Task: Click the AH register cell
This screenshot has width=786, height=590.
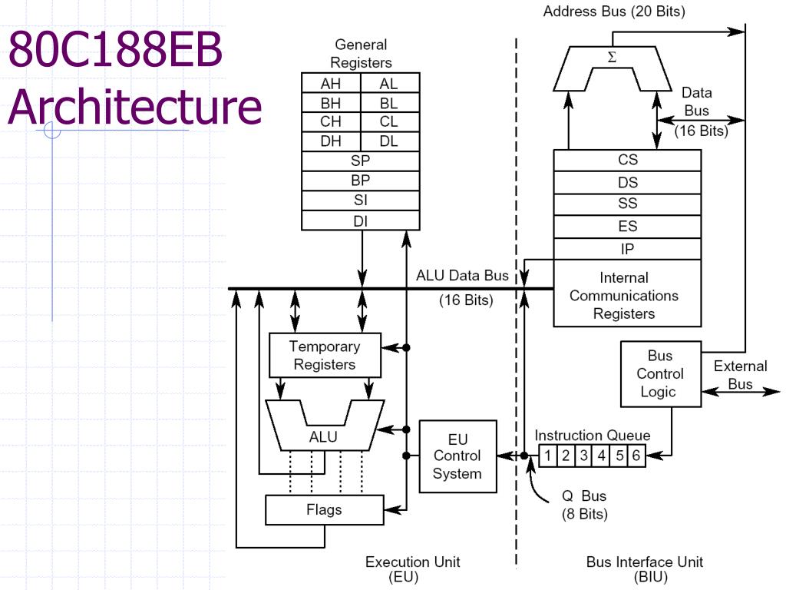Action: (331, 83)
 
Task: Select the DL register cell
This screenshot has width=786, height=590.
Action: (390, 141)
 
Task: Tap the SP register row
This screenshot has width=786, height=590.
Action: (361, 161)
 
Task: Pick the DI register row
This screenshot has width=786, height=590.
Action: (361, 220)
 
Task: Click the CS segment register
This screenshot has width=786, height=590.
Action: (627, 160)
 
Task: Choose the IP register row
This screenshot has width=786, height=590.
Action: (627, 249)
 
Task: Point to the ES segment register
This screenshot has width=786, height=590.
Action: (627, 227)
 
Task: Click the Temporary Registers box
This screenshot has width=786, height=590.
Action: (325, 355)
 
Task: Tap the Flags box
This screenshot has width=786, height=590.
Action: (325, 510)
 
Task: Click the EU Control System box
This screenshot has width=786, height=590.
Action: (457, 456)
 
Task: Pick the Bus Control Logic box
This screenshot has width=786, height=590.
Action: (661, 374)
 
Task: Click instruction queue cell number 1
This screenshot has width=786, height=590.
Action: (548, 456)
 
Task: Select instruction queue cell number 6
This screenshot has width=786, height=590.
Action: (636, 456)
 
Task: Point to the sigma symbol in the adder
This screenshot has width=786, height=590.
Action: (612, 57)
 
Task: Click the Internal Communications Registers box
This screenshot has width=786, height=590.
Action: (627, 293)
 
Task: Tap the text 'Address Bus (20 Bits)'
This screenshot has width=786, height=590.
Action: (614, 11)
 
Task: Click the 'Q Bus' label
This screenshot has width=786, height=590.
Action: (584, 496)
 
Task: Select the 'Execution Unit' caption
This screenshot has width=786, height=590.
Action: (412, 562)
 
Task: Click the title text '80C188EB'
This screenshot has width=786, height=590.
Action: (115, 49)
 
